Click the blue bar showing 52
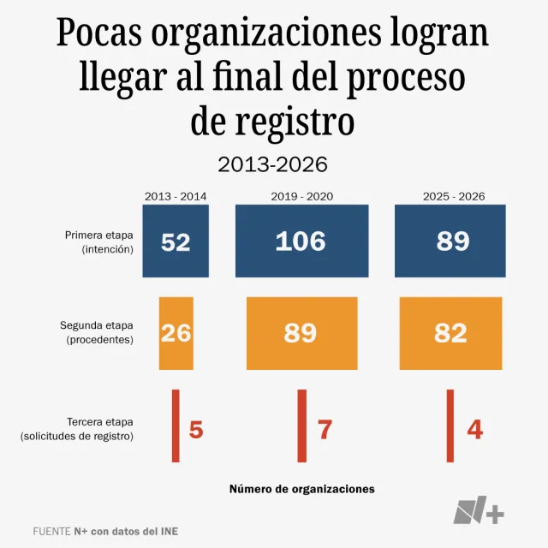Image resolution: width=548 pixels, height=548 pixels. (176, 241)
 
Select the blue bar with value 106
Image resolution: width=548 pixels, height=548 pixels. (301, 241)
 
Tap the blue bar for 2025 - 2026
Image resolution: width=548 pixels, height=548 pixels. (453, 241)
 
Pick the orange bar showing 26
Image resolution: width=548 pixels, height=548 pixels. (176, 333)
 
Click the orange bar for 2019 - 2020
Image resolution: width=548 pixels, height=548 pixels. (301, 333)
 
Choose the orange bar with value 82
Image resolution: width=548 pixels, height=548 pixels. (450, 333)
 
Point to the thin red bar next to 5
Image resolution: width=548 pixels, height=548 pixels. (176, 426)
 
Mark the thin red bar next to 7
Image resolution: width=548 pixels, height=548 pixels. (301, 426)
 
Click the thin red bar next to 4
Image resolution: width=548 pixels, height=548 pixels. (450, 426)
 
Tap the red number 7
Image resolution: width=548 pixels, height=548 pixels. (325, 429)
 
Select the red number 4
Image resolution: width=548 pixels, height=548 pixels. (474, 429)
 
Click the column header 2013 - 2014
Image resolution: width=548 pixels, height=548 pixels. (176, 196)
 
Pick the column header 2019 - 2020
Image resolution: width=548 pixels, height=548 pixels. (301, 196)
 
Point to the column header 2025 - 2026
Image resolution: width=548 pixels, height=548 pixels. (453, 196)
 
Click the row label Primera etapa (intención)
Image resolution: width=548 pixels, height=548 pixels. (98, 241)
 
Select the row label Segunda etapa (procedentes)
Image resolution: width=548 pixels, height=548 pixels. (96, 332)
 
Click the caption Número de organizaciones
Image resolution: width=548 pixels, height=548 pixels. (301, 489)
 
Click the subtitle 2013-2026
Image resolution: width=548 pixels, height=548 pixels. (273, 164)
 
